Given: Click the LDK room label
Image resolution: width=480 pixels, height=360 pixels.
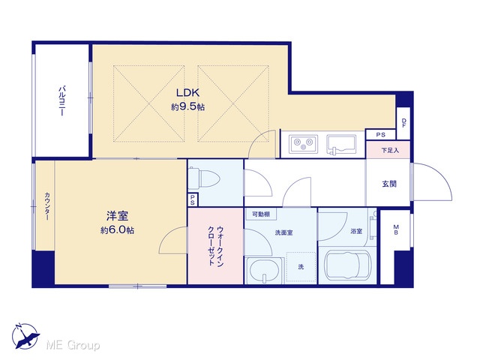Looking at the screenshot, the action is tap(187, 92).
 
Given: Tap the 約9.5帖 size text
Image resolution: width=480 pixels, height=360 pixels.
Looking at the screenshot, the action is tap(187, 106).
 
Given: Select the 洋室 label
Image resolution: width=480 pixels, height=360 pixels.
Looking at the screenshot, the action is tap(117, 216).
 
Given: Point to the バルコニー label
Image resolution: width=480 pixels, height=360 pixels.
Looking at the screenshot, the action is tap(62, 101).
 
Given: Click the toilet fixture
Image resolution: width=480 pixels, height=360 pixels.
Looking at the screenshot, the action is tap(203, 179).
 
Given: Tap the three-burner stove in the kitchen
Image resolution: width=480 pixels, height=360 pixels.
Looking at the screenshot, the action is tap(303, 143).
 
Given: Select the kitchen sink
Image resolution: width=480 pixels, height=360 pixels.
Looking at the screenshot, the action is tap(341, 144).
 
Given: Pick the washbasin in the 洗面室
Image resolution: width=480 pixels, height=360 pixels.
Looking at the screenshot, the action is tap(265, 271).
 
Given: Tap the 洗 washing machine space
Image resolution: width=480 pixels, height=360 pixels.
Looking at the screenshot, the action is tap(301, 267).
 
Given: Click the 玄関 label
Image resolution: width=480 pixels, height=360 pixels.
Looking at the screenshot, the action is tap(389, 184).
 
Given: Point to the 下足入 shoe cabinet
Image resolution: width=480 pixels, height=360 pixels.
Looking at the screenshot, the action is tap(388, 150).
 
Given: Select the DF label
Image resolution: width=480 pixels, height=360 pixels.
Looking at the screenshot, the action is tap(404, 123).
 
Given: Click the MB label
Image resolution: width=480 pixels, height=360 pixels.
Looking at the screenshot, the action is tap(396, 229).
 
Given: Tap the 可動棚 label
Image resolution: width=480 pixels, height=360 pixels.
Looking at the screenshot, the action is tap(261, 214).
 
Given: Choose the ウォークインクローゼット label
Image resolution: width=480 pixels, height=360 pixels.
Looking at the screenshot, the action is tap(215, 246).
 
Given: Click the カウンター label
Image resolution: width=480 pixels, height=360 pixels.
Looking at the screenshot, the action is tap(47, 206).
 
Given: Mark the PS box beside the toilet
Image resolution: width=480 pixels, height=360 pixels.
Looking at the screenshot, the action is tap(193, 200).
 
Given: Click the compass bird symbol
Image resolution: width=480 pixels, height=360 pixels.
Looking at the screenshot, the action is tap(25, 336).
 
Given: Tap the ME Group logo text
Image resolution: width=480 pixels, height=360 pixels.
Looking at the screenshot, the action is tap(73, 346).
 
